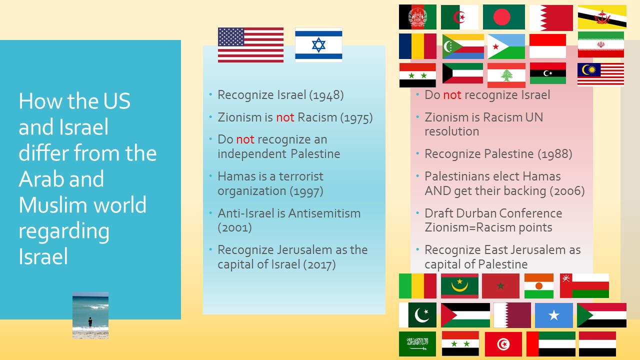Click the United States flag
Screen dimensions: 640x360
pos(250,45)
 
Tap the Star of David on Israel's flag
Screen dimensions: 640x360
pos(318,45)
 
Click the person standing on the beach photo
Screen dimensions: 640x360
pos(90,321)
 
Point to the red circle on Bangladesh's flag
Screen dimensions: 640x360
pos(501,17)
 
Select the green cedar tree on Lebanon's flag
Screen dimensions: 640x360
pos(506,75)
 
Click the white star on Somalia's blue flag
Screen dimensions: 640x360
pos(553,315)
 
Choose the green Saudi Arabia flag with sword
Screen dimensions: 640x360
pos(417,343)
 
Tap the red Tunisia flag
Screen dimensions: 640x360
pos(503,344)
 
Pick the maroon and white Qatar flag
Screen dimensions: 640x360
pos(512,315)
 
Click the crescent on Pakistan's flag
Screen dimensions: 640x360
pos(420,315)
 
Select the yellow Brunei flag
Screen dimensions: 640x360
pos(602,17)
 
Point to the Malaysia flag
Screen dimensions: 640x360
pos(600,74)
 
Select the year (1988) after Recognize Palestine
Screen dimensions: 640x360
pos(555,154)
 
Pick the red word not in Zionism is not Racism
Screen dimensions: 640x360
pos(285,117)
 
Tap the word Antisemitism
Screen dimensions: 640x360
pos(324,213)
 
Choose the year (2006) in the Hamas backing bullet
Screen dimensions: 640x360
pos(567,191)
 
